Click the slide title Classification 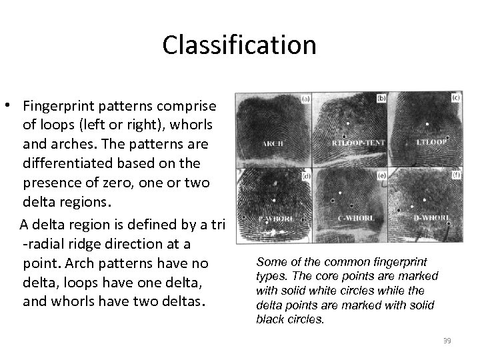tap(239, 45)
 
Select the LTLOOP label tap(429, 141)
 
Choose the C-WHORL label tap(351, 217)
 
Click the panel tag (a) tap(306, 98)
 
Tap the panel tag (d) tap(306, 177)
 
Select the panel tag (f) tap(457, 176)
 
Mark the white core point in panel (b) tap(347, 114)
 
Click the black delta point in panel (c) tap(448, 137)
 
